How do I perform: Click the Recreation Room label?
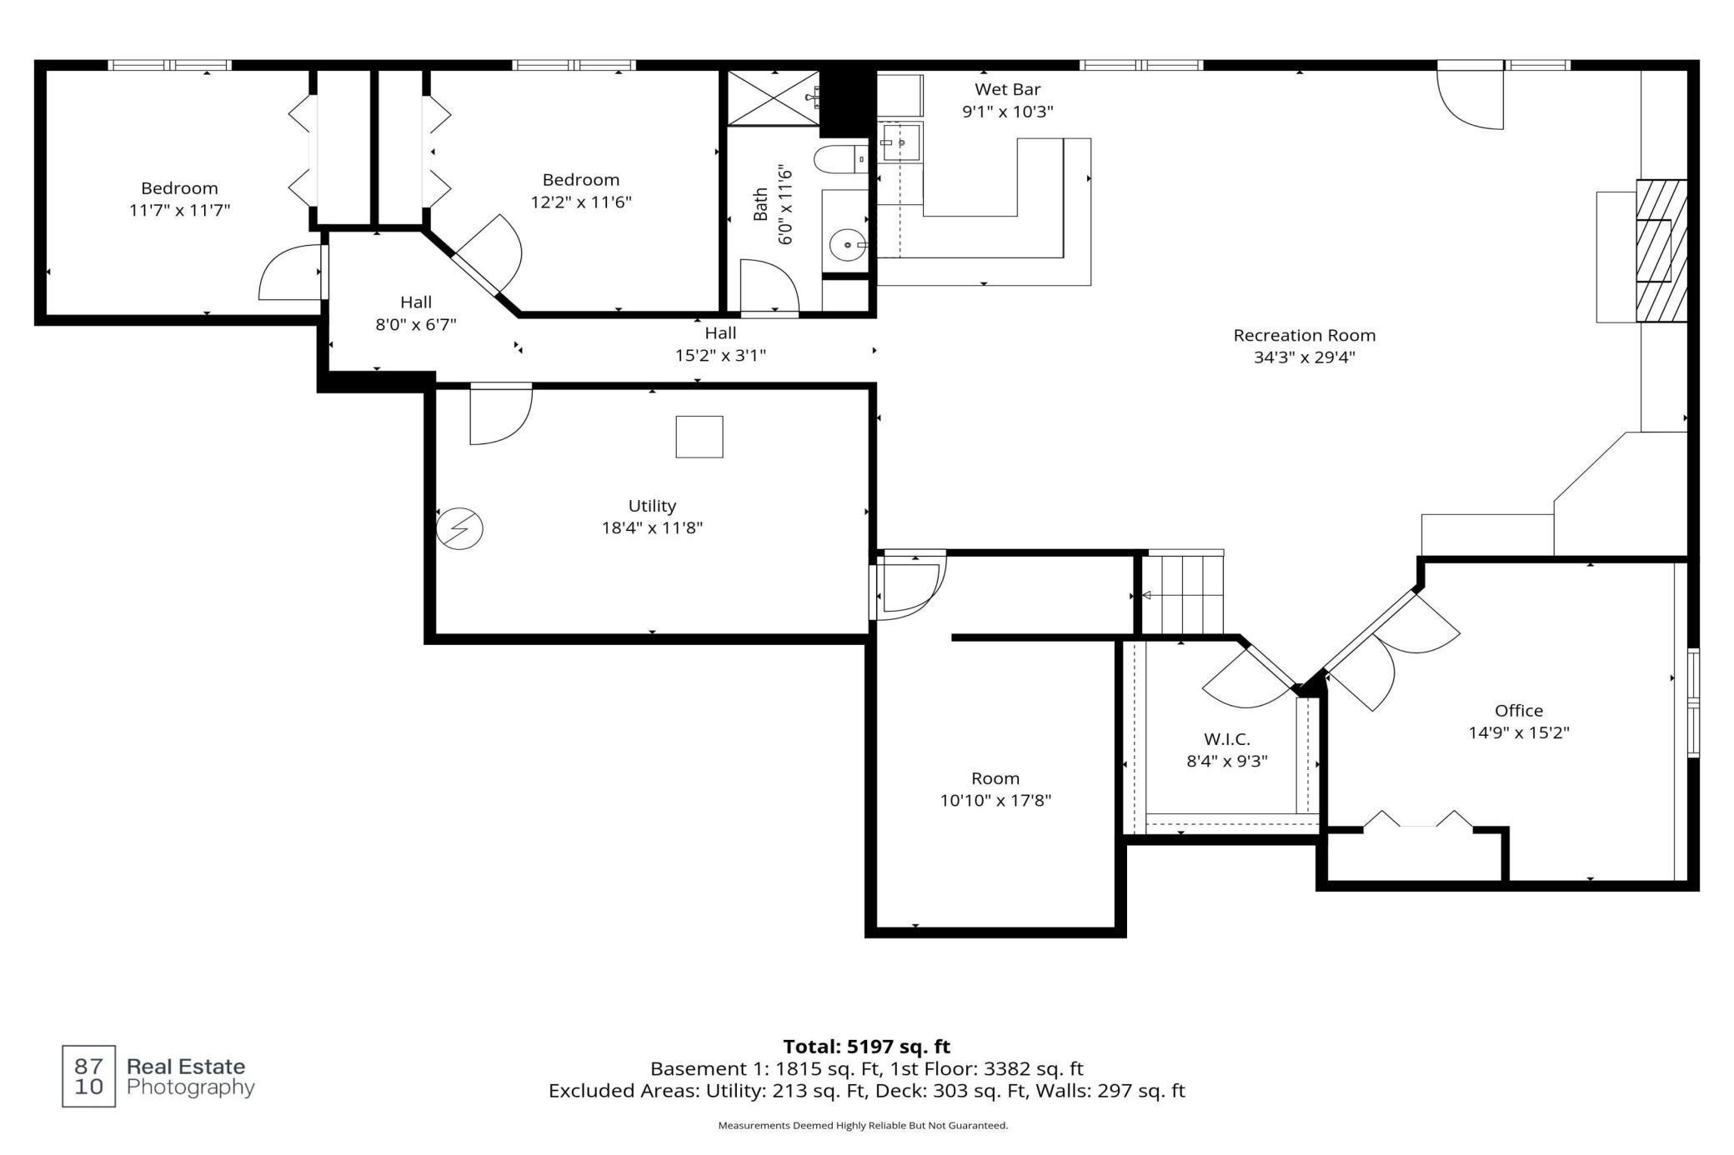tap(1305, 335)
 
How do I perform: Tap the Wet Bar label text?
tap(1008, 89)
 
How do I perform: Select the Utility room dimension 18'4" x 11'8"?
tap(652, 527)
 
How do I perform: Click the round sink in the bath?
tap(848, 245)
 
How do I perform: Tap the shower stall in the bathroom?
tap(774, 97)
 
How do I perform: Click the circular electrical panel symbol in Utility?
tap(460, 528)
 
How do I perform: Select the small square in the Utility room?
tap(699, 437)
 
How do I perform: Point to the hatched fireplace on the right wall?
tap(1661, 251)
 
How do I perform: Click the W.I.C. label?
tap(1227, 739)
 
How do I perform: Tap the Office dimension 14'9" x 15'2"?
tap(1519, 732)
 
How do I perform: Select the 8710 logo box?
tap(89, 1076)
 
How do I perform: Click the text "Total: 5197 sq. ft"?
tap(867, 1047)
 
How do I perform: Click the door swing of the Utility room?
tap(500, 415)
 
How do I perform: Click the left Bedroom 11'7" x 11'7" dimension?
tap(179, 210)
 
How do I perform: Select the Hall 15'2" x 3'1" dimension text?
tap(720, 355)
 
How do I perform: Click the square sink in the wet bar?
tap(900, 142)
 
